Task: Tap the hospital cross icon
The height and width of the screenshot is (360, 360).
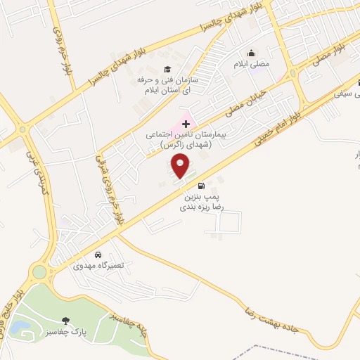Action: [x=186, y=123]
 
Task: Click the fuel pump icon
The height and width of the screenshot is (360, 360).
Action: [x=202, y=186]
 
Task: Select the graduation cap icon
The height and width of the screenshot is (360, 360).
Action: [x=167, y=69]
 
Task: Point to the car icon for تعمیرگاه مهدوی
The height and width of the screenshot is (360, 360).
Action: [x=98, y=255]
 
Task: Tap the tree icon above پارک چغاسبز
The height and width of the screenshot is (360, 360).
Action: [x=67, y=321]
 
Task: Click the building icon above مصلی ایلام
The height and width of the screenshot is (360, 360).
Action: [x=251, y=53]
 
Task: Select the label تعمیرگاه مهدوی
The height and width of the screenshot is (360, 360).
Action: [x=98, y=266]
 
